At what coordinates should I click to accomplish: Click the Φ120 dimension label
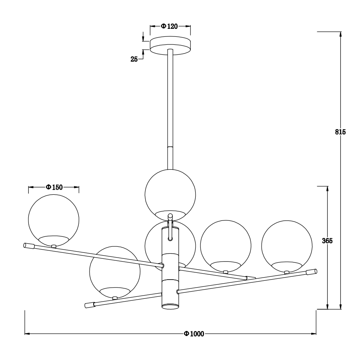click(170, 26)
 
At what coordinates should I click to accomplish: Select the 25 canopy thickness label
click(134, 59)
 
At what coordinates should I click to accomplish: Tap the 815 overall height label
click(340, 132)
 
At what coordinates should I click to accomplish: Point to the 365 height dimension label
click(328, 240)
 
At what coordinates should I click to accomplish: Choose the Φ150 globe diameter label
click(54, 187)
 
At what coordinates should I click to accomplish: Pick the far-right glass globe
click(287, 245)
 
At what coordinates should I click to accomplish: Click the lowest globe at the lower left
click(115, 272)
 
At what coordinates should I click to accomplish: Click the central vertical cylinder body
click(170, 272)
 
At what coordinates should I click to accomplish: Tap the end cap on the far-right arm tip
click(311, 272)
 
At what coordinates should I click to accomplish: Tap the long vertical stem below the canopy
click(170, 108)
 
